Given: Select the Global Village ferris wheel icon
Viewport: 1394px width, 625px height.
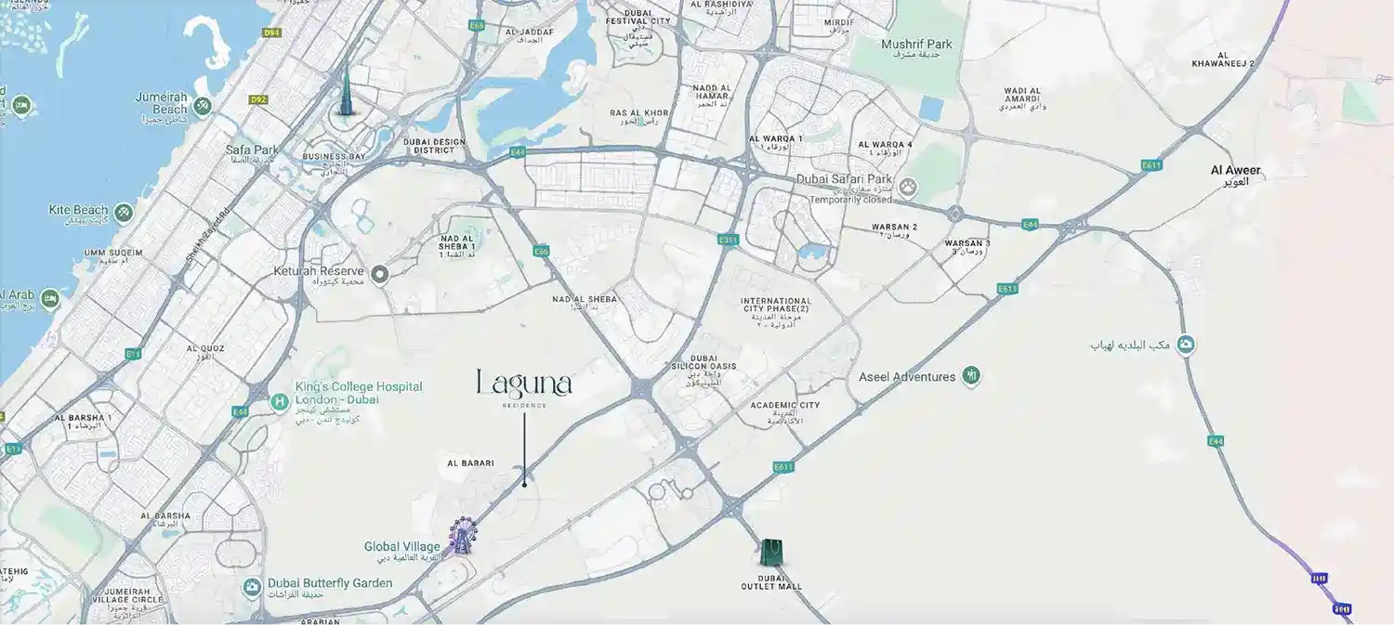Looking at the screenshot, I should tap(462, 535).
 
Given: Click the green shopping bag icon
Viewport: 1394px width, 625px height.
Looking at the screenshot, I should tap(770, 552).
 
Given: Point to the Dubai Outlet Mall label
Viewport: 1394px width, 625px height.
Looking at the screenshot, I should tap(771, 581).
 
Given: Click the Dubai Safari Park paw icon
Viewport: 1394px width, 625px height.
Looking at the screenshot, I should tap(908, 188).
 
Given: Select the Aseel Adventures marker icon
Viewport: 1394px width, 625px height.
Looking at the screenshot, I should tap(971, 376).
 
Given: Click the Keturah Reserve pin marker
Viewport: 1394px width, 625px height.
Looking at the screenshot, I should tap(379, 274).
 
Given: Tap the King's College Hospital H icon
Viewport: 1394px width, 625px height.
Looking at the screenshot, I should tap(278, 401).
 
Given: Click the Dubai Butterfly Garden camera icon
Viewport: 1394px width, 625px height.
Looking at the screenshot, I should tap(251, 587).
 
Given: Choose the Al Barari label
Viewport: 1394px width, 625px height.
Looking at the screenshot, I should tap(470, 462).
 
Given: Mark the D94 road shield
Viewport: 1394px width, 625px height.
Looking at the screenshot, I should tap(271, 33).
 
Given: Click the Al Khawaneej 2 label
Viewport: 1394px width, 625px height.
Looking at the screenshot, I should tap(1223, 59).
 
